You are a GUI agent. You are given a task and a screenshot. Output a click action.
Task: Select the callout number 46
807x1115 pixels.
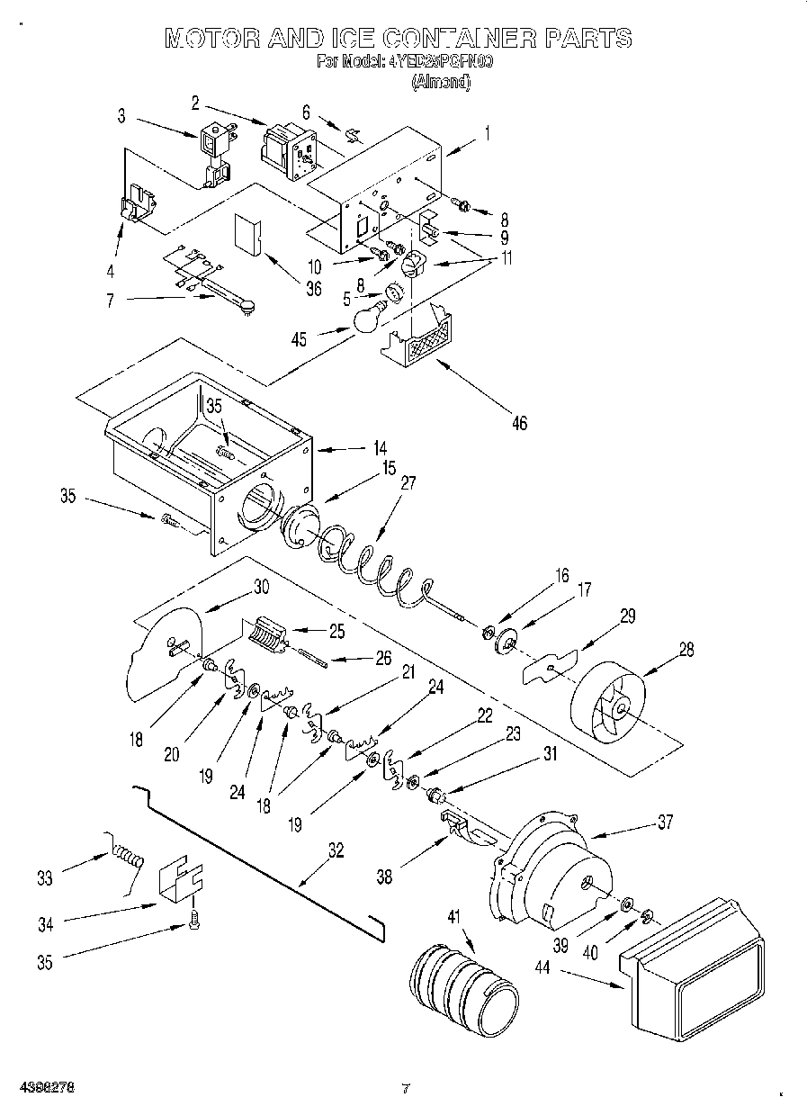pos(518,422)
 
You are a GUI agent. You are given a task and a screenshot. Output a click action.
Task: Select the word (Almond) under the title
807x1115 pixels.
pos(440,82)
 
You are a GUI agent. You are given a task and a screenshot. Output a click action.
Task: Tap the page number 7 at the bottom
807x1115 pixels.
pos(405,1088)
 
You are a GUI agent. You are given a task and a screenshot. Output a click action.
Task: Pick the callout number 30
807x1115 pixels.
pos(261,586)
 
